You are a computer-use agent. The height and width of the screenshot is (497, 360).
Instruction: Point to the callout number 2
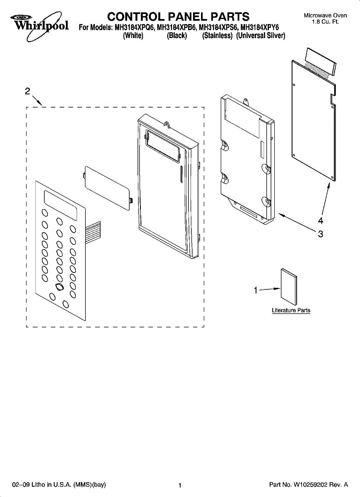tap(27, 92)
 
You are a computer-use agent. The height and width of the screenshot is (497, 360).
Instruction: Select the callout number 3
tap(320, 234)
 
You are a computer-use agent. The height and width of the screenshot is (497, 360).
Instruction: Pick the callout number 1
tap(256, 290)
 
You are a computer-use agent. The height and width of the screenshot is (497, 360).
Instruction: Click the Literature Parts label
tap(291, 310)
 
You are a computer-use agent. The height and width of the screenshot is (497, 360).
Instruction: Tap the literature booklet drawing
tap(289, 286)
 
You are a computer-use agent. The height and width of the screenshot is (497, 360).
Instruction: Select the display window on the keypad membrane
tap(60, 206)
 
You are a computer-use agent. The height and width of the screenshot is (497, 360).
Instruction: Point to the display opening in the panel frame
tap(163, 147)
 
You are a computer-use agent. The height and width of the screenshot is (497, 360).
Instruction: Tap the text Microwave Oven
tap(325, 15)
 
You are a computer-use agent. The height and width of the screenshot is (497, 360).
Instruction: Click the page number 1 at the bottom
tap(180, 485)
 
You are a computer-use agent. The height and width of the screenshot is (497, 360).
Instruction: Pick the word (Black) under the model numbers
tap(177, 36)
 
